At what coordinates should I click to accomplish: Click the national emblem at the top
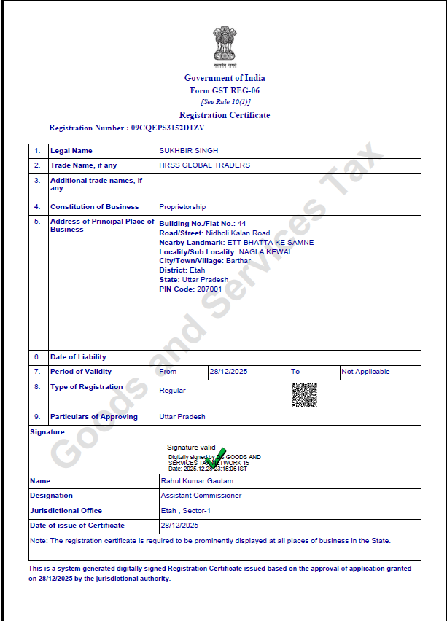point(224,46)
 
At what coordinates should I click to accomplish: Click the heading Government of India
point(225,78)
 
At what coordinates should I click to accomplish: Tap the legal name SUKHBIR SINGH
point(188,151)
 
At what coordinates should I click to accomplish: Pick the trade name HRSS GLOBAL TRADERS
point(204,165)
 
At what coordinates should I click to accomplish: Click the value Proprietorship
point(182,207)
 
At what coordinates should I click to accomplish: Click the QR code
point(304,395)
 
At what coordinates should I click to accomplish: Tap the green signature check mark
point(216,457)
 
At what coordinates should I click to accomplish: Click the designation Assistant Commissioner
point(201,496)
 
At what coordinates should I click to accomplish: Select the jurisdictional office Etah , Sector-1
point(186,511)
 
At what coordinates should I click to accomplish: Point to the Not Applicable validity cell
point(366,372)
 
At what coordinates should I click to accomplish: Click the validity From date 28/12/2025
point(229,372)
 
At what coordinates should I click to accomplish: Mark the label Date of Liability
point(78,357)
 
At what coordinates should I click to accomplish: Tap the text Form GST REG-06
point(225,90)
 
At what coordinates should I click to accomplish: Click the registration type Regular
point(172,391)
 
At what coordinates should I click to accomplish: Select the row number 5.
point(36,222)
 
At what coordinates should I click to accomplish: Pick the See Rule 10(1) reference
point(225,102)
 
